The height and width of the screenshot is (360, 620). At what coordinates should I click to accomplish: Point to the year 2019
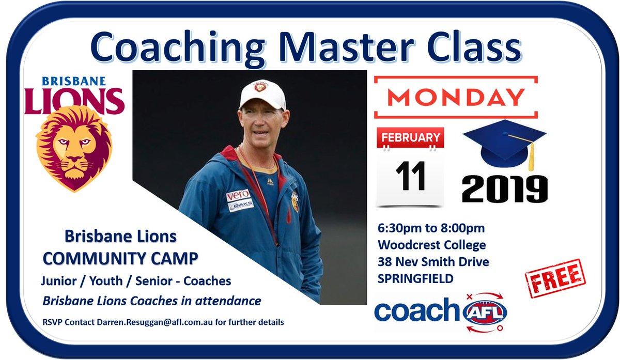point(504,189)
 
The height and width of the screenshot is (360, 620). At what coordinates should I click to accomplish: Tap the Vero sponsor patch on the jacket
point(238,195)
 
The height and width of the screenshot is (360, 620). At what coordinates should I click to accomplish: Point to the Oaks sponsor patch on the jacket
point(241,205)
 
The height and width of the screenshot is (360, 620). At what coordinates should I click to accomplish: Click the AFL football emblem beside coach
point(485,312)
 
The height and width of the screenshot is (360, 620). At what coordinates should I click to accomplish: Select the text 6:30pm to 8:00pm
point(430,228)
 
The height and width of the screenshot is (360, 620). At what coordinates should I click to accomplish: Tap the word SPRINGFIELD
point(415,279)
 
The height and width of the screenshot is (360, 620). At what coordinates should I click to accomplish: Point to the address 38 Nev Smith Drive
point(433,262)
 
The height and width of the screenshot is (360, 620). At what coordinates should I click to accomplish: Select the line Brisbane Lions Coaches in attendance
point(152,300)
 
